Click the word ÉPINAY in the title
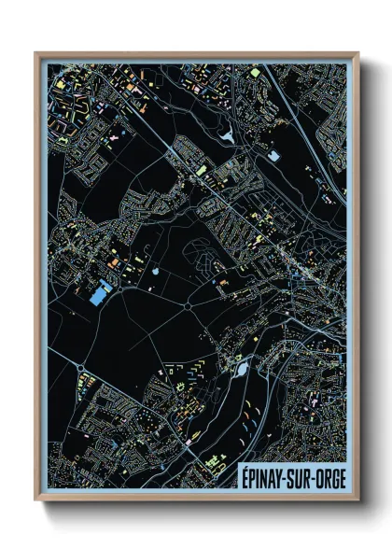[264, 474]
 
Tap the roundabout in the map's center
[189, 304]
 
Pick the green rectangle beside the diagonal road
[201, 170]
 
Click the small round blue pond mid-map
[155, 272]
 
